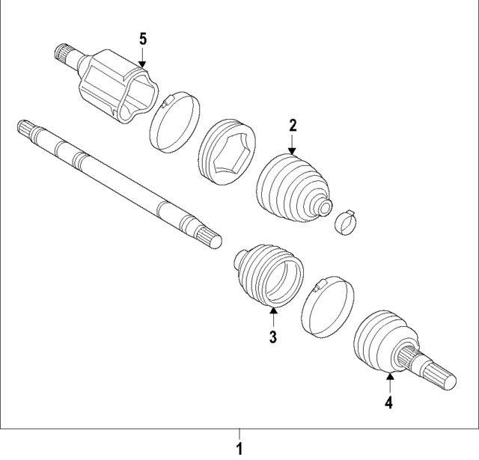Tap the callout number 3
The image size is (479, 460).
pyautogui.click(x=273, y=337)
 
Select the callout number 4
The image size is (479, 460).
pyautogui.click(x=389, y=403)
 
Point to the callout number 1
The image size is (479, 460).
pyautogui.click(x=239, y=450)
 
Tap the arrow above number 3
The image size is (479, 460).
pyautogui.click(x=273, y=319)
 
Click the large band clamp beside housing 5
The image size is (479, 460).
pyautogui.click(x=177, y=123)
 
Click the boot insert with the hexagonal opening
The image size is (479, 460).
pyautogui.click(x=228, y=149)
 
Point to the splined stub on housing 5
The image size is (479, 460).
pyautogui.click(x=67, y=55)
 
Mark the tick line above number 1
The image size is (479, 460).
pyautogui.click(x=239, y=434)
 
